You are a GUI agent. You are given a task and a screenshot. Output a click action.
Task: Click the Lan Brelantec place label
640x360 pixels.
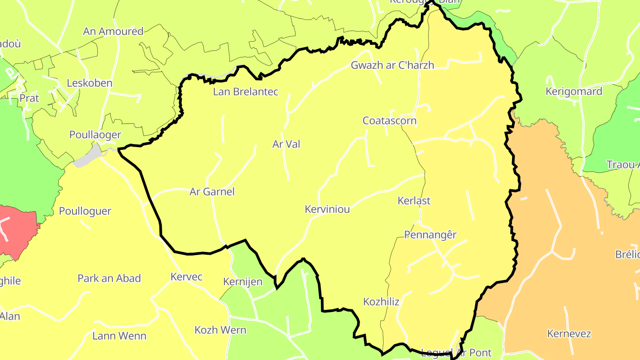(x=245, y=92)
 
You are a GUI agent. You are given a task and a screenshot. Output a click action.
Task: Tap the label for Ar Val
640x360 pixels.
(x=286, y=144)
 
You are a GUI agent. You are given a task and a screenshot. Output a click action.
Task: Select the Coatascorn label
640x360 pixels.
(x=389, y=121)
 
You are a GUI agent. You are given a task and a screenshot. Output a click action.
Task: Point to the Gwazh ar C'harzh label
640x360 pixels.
(x=392, y=65)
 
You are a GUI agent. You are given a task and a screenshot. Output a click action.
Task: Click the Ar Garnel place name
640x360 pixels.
(x=212, y=192)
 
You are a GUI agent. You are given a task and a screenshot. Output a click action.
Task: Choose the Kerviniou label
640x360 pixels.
(x=327, y=209)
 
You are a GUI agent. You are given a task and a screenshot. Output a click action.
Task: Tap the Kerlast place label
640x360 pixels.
(x=414, y=201)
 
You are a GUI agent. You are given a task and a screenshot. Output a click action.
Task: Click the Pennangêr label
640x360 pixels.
(x=430, y=235)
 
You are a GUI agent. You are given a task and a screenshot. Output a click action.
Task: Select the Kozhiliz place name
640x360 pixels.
(x=381, y=302)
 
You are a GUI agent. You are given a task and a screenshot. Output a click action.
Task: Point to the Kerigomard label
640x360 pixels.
(x=574, y=92)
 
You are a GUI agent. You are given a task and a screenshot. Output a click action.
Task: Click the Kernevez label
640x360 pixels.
(x=569, y=334)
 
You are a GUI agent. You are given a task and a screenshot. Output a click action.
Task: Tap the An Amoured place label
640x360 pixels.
(x=113, y=32)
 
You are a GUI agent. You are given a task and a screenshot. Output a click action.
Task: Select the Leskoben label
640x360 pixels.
(x=89, y=84)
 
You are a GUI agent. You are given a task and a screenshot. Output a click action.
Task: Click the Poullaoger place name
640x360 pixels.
(x=95, y=135)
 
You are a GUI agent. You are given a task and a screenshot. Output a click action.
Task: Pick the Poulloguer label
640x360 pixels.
(x=85, y=211)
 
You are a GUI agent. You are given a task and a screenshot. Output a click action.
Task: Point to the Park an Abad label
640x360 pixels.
(x=109, y=279)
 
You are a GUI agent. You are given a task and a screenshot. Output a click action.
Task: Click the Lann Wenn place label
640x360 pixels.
(x=119, y=336)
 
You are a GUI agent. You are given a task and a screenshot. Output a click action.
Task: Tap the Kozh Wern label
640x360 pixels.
(x=220, y=330)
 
